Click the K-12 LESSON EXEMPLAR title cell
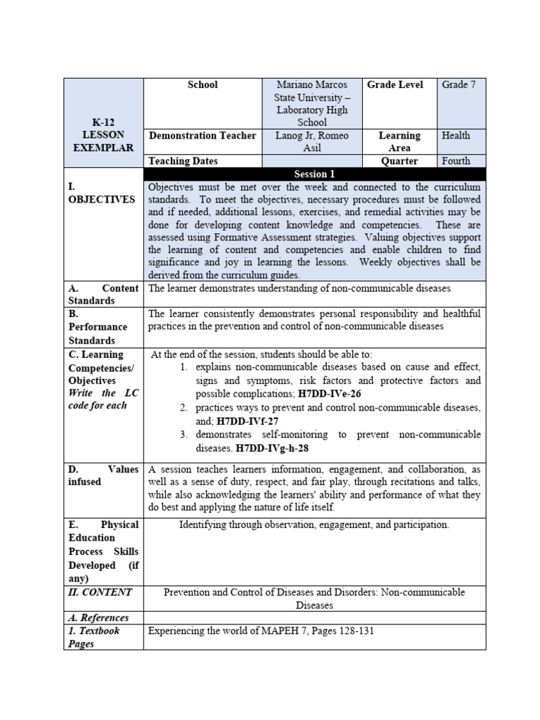(x=103, y=134)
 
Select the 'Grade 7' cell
(x=458, y=85)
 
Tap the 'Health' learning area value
(x=456, y=136)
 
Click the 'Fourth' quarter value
(x=456, y=161)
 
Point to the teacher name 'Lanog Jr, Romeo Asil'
(x=311, y=141)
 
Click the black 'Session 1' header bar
(x=314, y=174)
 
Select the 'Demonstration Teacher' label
(x=202, y=136)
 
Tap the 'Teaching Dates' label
(x=183, y=161)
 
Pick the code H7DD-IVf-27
(x=245, y=421)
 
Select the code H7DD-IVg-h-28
(x=272, y=447)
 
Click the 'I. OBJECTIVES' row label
(x=102, y=193)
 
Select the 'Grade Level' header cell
(x=395, y=85)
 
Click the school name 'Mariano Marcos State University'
(x=311, y=91)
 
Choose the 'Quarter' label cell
(x=399, y=161)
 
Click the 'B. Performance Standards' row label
(x=98, y=327)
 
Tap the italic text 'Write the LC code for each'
(x=103, y=399)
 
